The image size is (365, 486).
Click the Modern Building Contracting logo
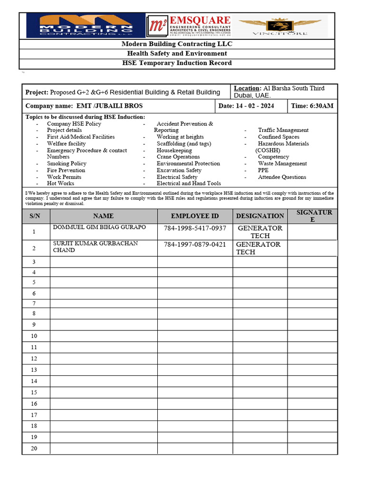click(x=85, y=26)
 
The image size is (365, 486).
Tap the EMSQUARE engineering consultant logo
click(x=189, y=26)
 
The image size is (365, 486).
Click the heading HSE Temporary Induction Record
click(x=177, y=63)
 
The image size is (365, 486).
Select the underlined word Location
click(x=247, y=88)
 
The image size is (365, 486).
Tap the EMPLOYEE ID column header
click(x=195, y=216)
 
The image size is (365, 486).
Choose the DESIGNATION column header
click(x=260, y=216)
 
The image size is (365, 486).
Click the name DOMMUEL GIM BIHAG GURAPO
click(x=99, y=227)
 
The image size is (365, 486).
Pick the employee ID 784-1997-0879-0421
click(x=195, y=245)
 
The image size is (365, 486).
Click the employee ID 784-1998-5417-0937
click(x=195, y=228)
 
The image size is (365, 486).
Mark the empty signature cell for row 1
click(x=312, y=232)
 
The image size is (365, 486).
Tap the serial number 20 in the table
click(x=34, y=449)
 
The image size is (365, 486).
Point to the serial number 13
click(x=34, y=370)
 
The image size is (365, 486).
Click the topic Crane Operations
click(x=178, y=157)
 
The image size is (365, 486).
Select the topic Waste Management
click(x=282, y=163)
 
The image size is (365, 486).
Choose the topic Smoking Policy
click(x=67, y=163)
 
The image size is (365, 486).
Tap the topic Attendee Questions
click(x=282, y=177)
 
